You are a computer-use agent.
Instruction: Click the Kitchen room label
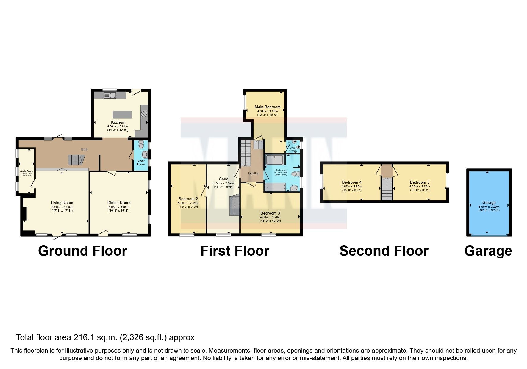point(118,122)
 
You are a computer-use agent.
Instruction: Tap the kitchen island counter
point(122,115)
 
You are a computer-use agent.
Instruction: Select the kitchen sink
point(110,95)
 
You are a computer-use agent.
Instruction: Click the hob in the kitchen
point(144,113)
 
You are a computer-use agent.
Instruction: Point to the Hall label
point(84,149)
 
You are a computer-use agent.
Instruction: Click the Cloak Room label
point(140,162)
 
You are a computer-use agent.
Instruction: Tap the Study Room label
point(26,171)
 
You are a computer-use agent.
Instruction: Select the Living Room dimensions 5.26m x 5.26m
point(62,207)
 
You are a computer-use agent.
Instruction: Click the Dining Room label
point(119,203)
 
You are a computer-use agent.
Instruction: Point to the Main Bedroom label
point(268,107)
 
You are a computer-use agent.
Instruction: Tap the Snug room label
point(223,179)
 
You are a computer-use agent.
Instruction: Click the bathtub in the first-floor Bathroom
point(276,187)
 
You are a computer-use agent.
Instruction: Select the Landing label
point(254,173)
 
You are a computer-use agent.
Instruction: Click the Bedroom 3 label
point(270,213)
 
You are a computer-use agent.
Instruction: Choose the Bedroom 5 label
point(420,182)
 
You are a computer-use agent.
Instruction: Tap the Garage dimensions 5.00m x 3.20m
point(489,207)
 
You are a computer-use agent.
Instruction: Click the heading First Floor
point(234,251)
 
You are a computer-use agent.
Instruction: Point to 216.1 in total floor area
point(88,337)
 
